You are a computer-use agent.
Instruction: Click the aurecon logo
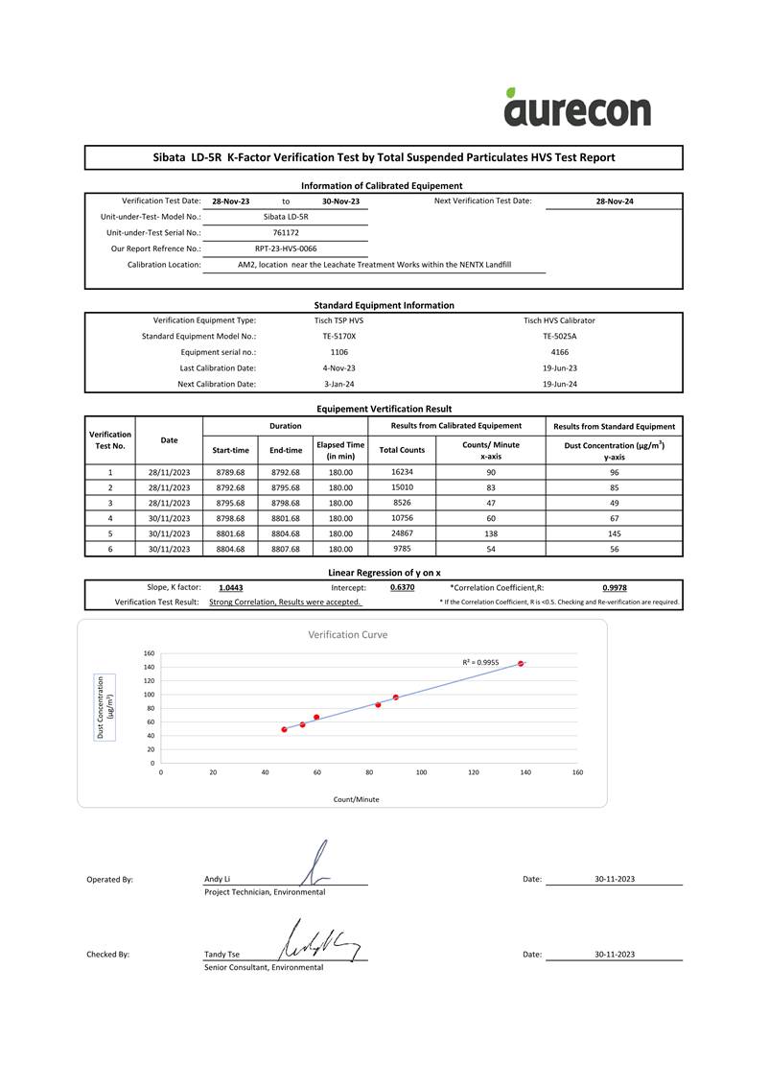pos(577,107)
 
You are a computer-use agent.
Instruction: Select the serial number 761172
pos(286,232)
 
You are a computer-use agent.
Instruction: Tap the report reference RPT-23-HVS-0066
pos(286,248)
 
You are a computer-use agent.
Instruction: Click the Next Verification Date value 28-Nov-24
pos(615,201)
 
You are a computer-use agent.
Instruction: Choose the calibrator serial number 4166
pos(560,352)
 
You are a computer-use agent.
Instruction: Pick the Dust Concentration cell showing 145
pos(615,533)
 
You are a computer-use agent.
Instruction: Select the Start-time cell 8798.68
pos(230,518)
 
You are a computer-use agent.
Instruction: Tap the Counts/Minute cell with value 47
pos(491,503)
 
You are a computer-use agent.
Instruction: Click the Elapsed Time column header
pos(340,450)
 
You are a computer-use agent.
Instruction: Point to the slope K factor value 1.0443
pos(230,587)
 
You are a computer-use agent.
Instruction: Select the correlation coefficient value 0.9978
pos(615,587)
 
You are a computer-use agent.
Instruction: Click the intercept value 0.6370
pos(403,587)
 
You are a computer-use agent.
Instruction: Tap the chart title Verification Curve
pos(347,634)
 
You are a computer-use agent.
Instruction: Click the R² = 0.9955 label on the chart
pos(480,662)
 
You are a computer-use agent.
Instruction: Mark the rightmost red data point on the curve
pos(521,664)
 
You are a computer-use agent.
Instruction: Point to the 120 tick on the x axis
pos(474,771)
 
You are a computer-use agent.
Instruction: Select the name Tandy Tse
pos(221,955)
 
